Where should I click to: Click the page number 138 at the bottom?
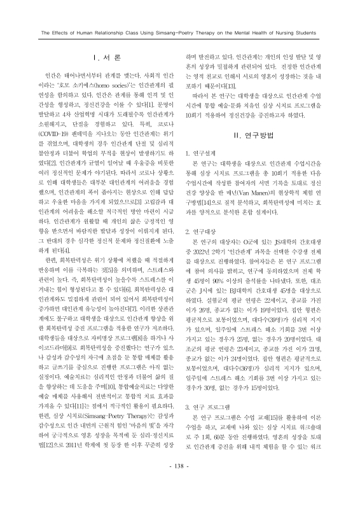(180, 485)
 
